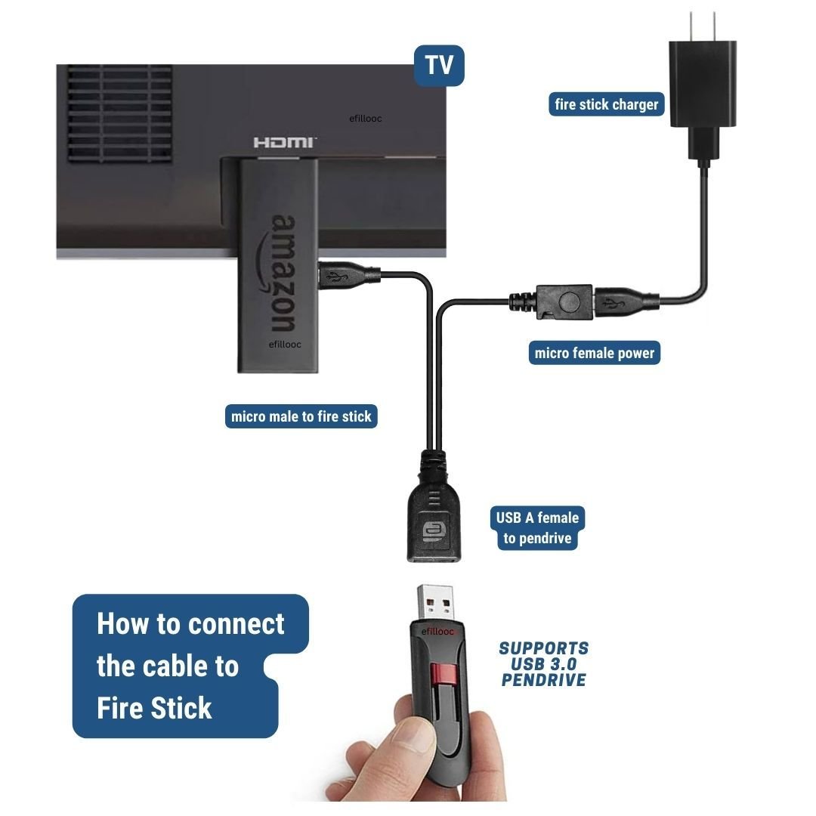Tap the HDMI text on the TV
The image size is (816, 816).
pyautogui.click(x=285, y=142)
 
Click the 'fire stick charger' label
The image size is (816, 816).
pyautogui.click(x=606, y=104)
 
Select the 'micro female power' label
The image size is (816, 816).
pyautogui.click(x=594, y=353)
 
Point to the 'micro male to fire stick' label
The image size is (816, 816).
pyautogui.click(x=301, y=416)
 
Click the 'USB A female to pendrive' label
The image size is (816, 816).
pyautogui.click(x=537, y=528)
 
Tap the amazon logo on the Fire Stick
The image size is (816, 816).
pyautogui.click(x=282, y=274)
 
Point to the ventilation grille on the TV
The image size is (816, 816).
pyautogui.click(x=119, y=113)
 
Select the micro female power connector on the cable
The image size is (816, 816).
pyautogui.click(x=564, y=301)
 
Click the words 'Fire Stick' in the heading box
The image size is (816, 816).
pyautogui.click(x=155, y=709)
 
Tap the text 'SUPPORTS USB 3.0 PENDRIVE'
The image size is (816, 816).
pyautogui.click(x=543, y=664)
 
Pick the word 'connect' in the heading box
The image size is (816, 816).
pyautogui.click(x=236, y=624)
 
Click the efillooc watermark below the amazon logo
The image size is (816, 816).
pyautogui.click(x=285, y=345)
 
